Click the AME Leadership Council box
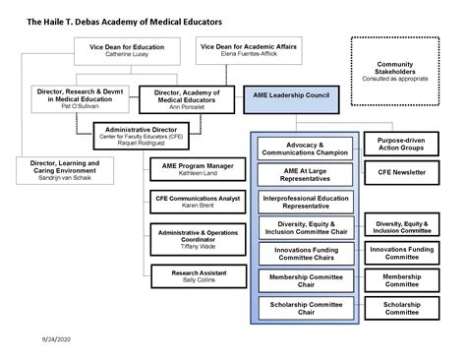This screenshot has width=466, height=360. point(293,98)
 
